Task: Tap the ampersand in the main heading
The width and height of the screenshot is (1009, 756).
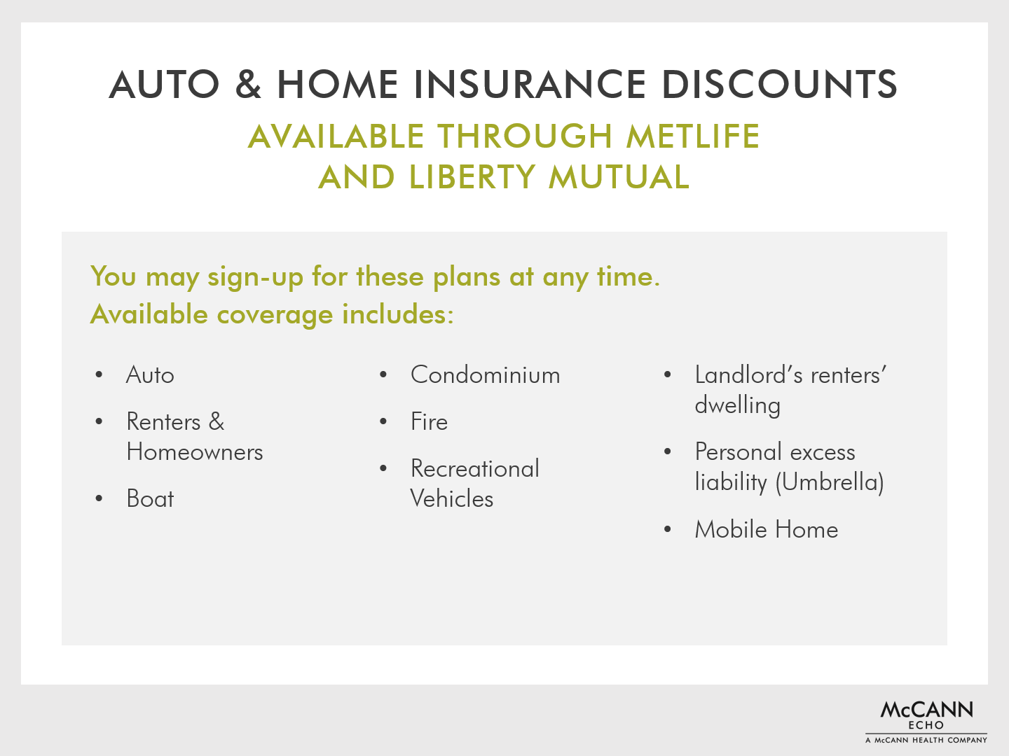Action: [x=248, y=85]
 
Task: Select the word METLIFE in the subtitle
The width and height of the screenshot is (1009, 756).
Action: [x=693, y=136]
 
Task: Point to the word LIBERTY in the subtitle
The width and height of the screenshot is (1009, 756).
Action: [x=472, y=177]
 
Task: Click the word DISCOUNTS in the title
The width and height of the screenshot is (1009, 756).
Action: [x=780, y=85]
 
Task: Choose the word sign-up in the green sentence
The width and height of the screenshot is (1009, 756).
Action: [x=255, y=277]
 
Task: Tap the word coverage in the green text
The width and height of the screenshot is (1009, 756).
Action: [x=275, y=314]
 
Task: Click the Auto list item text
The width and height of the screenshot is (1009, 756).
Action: [x=151, y=374]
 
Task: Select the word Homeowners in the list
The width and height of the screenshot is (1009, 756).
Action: [x=195, y=451]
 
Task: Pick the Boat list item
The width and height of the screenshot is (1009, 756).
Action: [x=151, y=498]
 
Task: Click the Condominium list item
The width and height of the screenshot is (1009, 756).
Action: [x=486, y=374]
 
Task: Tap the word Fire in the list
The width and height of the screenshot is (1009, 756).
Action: [x=430, y=421]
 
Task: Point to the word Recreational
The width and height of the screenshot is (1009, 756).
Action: [x=475, y=468]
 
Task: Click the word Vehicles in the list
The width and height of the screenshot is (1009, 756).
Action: [x=452, y=498]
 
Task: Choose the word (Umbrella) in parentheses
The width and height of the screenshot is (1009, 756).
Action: [x=830, y=482]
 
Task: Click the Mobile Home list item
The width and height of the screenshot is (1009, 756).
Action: [x=767, y=529]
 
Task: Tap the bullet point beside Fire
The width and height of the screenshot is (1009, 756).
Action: [x=383, y=421]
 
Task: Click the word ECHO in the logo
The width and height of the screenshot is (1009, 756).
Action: [x=926, y=725]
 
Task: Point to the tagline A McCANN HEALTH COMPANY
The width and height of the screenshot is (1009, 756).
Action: [x=926, y=740]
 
